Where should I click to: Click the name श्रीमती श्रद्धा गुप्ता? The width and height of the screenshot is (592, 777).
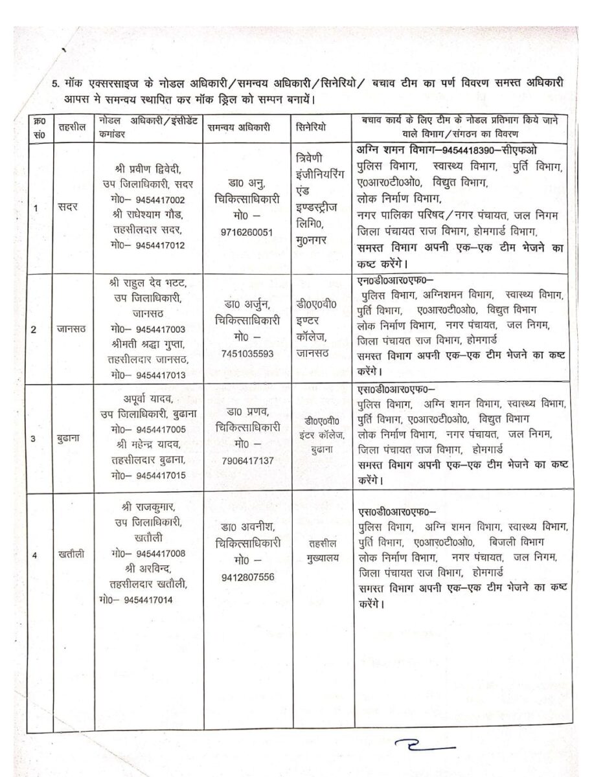150,344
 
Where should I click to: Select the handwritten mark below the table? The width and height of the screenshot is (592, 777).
427,747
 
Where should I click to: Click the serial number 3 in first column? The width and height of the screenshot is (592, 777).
34,438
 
